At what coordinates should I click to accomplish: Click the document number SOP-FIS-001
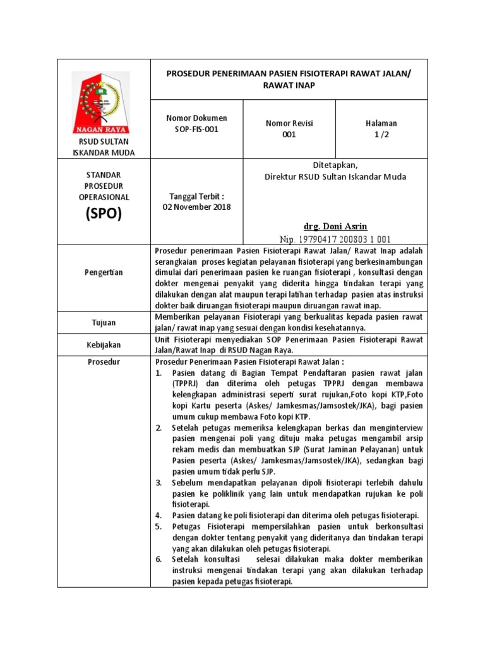pos(196,129)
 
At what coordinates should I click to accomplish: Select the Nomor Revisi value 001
pos(289,135)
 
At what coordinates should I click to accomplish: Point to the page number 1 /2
pos(381,135)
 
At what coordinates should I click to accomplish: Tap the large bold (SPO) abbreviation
pos(104,214)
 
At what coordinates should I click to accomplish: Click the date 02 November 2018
pos(196,207)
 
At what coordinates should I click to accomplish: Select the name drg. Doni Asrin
pos(335,226)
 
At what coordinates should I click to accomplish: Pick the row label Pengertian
pos(104,272)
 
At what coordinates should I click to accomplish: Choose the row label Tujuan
pos(104,323)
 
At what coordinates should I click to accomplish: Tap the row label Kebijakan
pos(104,345)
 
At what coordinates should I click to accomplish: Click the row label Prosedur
pos(104,362)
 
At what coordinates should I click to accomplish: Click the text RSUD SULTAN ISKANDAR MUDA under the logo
pos(104,147)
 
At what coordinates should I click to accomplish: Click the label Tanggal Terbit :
pos(196,196)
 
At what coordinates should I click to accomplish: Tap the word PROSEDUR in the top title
pos(191,73)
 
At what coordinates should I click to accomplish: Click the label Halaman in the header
pos(381,123)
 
